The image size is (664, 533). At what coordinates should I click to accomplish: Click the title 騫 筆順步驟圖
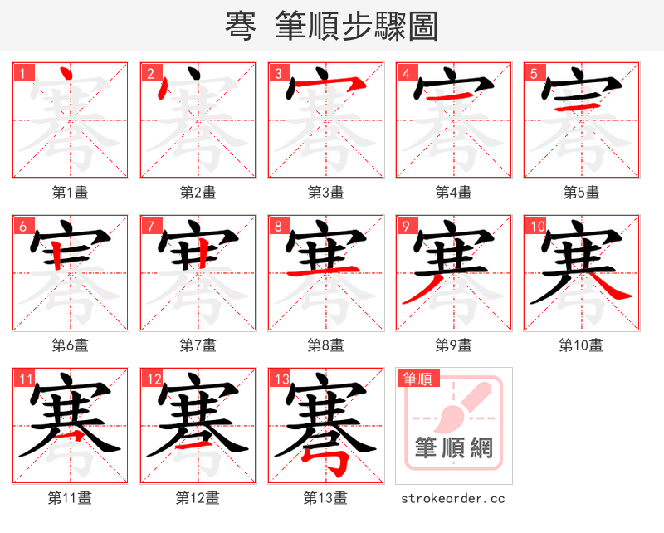tap(331, 26)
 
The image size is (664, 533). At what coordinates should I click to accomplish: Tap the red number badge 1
tap(22, 73)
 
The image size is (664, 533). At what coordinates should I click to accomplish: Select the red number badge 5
tap(533, 73)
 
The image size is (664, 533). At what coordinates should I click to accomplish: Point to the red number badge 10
tap(535, 226)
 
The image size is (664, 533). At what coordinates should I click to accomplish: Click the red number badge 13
tap(280, 379)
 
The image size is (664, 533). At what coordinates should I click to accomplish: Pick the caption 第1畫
tap(70, 193)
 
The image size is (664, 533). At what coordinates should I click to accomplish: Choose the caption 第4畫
tap(453, 193)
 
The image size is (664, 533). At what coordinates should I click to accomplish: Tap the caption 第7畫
tap(198, 345)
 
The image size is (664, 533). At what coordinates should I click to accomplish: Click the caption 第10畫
tap(581, 345)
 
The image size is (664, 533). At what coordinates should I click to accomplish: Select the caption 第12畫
tap(198, 498)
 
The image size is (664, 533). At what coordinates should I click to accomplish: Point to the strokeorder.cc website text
tap(453, 498)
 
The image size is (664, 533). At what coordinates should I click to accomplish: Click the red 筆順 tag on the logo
tap(416, 379)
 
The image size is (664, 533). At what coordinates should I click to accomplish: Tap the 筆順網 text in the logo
tap(454, 449)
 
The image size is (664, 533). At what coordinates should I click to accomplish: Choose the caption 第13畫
tap(325, 498)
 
